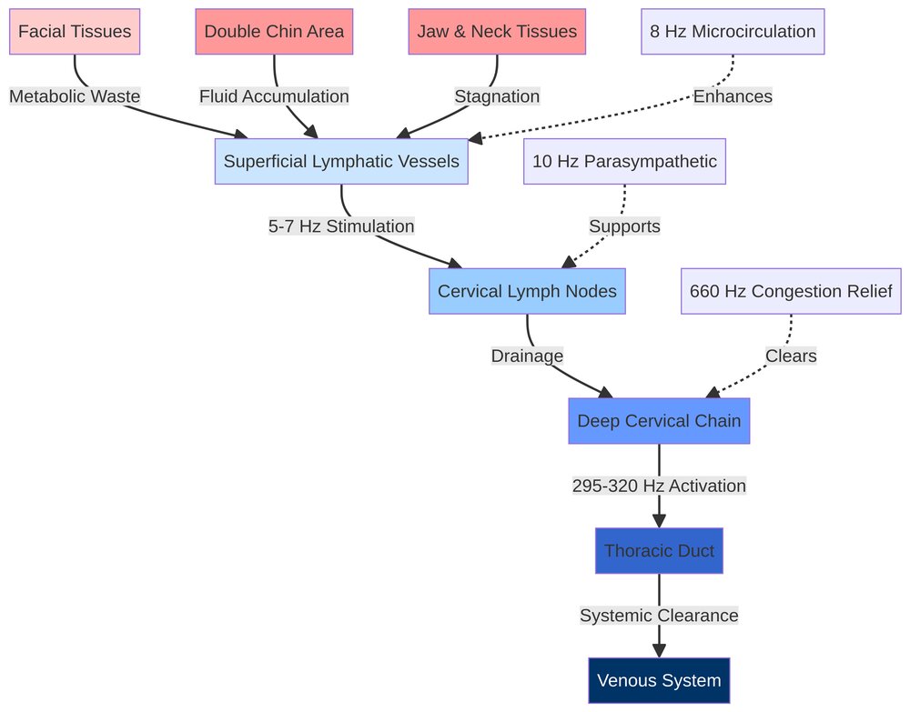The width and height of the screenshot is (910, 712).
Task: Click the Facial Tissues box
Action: (75, 32)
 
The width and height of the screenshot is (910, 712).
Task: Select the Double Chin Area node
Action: (274, 32)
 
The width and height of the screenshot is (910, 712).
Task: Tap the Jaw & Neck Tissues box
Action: (497, 32)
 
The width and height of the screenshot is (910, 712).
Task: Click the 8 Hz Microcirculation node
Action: (733, 32)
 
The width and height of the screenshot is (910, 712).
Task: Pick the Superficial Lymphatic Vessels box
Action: (341, 162)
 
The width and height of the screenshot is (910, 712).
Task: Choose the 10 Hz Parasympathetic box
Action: (624, 162)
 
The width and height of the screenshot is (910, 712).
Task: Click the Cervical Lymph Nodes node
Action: (527, 291)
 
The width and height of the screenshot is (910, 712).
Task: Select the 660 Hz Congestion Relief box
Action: (791, 291)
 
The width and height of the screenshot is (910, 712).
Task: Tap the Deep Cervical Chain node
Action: (659, 421)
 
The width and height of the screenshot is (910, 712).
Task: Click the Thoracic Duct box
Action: (659, 551)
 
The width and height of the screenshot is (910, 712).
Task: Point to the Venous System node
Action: (659, 680)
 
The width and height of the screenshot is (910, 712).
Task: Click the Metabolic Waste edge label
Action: (75, 96)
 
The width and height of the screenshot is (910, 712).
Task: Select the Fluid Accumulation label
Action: (274, 96)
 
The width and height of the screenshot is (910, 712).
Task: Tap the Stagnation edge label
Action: (497, 96)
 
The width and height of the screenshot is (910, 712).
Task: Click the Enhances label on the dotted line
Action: (733, 96)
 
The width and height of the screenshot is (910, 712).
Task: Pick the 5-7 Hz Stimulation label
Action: (341, 226)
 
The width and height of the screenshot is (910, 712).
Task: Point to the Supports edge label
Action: (624, 226)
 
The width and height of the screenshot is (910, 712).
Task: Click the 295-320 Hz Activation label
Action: (659, 486)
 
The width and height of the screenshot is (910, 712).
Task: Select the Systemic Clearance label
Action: (659, 616)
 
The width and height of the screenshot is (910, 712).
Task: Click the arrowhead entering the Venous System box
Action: (659, 650)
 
